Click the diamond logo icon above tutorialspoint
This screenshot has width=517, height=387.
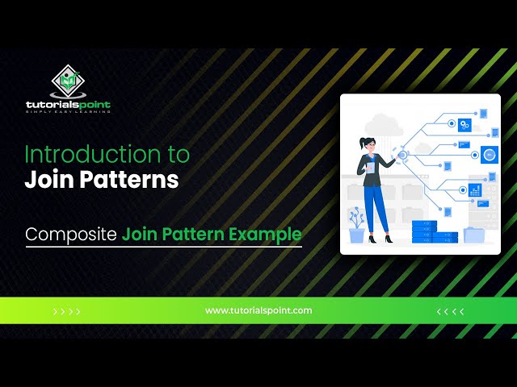click(68, 81)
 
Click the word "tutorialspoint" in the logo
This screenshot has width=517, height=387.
click(68, 105)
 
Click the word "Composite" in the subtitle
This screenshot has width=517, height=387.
click(71, 235)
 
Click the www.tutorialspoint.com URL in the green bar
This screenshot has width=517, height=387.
click(258, 310)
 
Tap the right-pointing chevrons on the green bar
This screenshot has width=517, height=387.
click(66, 311)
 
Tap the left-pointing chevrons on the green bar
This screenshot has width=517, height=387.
click(451, 311)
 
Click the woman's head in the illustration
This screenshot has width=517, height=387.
click(368, 144)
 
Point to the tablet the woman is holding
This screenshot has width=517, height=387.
click(371, 168)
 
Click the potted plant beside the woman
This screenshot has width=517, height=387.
click(356, 226)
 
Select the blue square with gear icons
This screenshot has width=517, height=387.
click(464, 125)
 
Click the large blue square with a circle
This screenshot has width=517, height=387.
click(490, 155)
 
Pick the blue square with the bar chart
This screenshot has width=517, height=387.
click(475, 190)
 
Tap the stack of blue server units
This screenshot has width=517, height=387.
click(435, 232)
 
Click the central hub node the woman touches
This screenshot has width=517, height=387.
click(402, 155)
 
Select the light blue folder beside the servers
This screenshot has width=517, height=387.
click(474, 235)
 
